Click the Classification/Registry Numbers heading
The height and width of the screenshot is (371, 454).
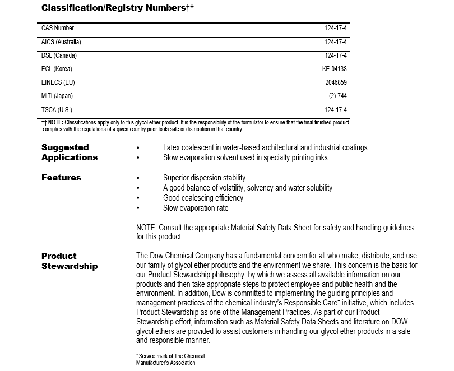pos(118,8)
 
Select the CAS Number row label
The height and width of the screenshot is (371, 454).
pos(58,28)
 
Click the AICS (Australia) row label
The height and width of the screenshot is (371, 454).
pos(61,42)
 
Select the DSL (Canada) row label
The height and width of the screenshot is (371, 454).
pos(59,55)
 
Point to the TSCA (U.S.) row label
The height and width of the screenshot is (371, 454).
pos(57,110)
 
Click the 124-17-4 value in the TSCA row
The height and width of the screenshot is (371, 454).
pos(336,110)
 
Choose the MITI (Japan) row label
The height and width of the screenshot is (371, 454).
pos(57,96)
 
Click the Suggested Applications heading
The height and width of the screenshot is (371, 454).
pos(70,152)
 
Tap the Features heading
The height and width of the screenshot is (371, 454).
pos(61,178)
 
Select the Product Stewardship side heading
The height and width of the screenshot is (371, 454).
pos(70,261)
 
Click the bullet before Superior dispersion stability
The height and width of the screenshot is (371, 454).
pos(138,178)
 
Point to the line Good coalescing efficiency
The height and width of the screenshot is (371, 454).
pos(203,198)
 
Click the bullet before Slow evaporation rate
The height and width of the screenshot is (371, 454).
pos(138,208)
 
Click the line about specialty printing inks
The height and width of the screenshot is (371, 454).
pos(245,157)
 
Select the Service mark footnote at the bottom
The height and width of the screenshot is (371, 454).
pos(170,359)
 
